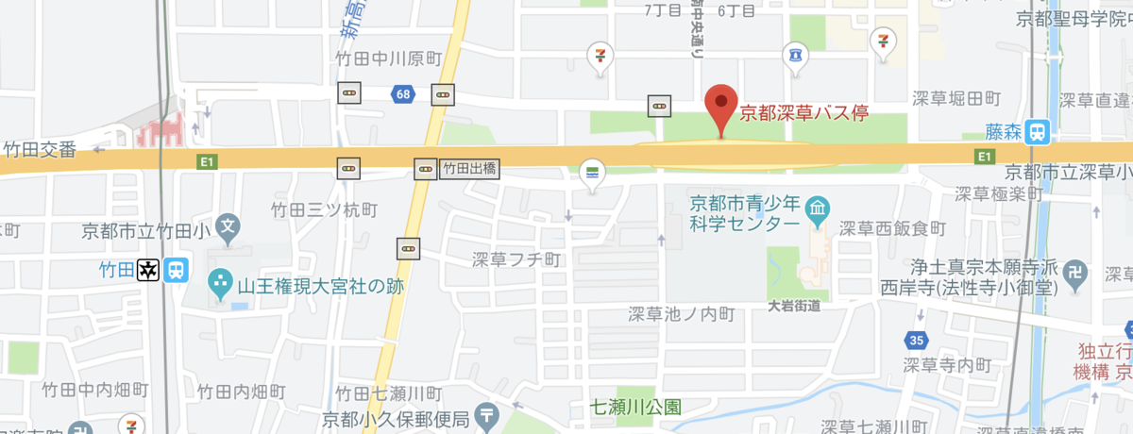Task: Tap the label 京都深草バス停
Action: click(803, 115)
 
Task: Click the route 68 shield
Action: click(404, 93)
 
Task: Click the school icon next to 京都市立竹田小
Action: click(227, 226)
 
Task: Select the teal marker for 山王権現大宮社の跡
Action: click(220, 280)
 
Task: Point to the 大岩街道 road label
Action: click(793, 305)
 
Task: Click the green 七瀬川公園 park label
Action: click(635, 408)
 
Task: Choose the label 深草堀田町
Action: click(956, 98)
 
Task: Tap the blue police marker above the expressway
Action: click(796, 56)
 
